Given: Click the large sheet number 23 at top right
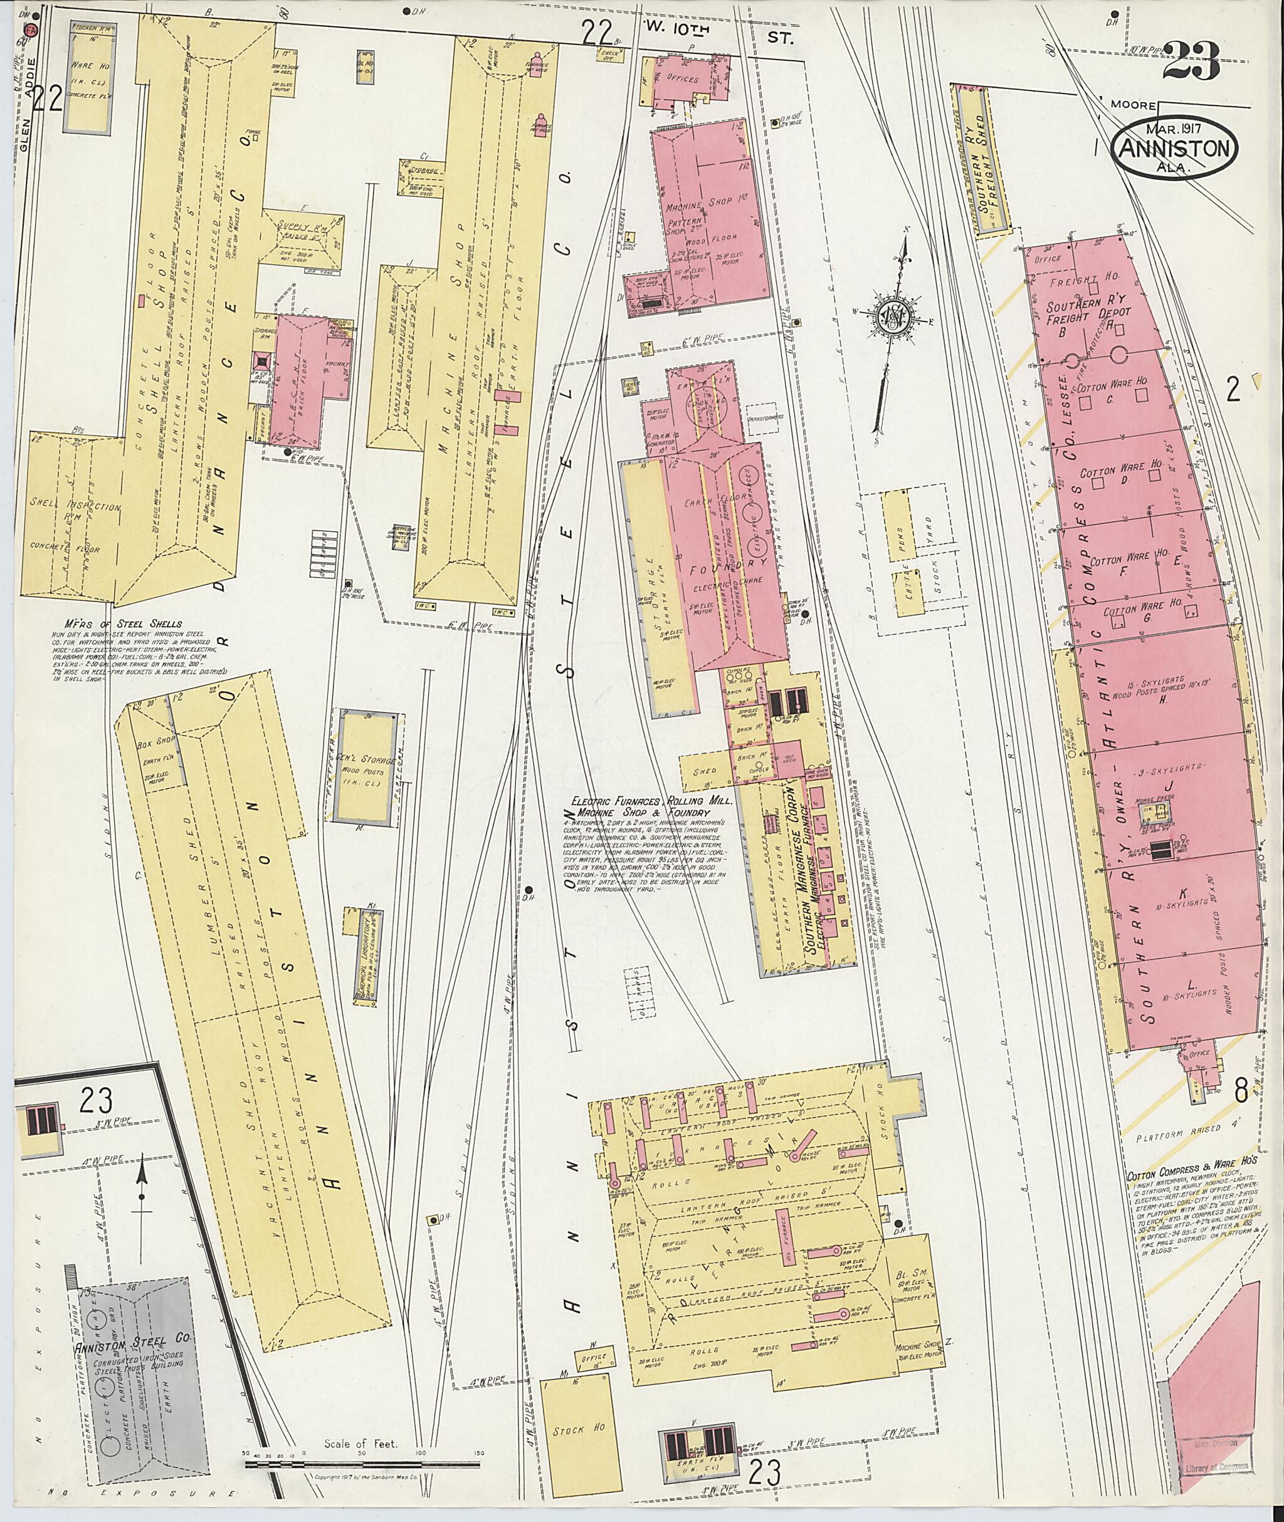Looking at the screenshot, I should pyautogui.click(x=1191, y=64).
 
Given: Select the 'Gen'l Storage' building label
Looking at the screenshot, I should pyautogui.click(x=367, y=761).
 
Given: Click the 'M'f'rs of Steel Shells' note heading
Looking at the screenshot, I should pyautogui.click(x=122, y=623).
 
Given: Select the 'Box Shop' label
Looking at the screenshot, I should pyautogui.click(x=154, y=746).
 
